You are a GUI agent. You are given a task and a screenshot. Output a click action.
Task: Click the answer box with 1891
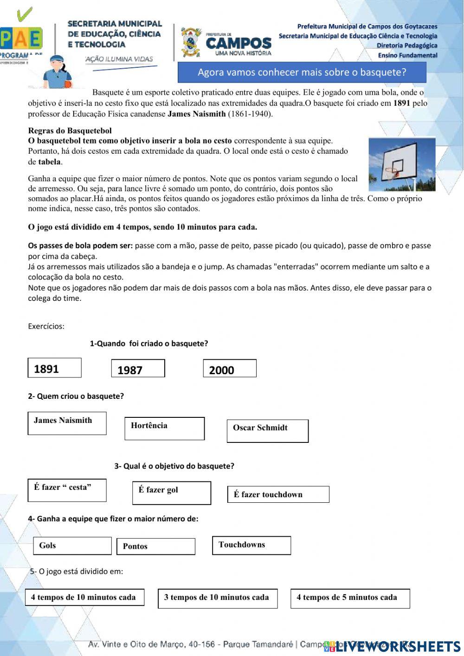point(54,368)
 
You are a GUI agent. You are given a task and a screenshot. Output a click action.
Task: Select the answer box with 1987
point(138,368)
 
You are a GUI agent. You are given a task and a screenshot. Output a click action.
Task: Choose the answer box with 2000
point(230,368)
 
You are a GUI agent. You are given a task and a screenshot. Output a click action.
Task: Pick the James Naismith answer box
point(67,423)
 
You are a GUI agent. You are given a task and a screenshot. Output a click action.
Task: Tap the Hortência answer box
point(164,429)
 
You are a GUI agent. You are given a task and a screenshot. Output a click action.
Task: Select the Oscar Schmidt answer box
point(268,431)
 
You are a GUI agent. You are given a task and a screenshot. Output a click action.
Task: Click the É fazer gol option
point(172,493)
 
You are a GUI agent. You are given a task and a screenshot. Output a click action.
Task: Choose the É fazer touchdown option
point(278,494)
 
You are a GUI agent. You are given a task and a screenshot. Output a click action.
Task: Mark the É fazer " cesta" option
point(67,490)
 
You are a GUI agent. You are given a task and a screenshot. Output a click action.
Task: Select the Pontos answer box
point(155,546)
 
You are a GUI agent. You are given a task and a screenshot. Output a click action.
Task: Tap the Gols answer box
point(72,546)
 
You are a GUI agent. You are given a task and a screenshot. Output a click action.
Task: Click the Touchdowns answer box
point(251,546)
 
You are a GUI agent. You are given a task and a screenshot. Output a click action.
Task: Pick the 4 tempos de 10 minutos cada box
point(84,598)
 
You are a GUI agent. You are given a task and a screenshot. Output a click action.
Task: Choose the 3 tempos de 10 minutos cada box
point(218,598)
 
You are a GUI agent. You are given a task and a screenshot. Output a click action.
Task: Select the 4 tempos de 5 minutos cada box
point(350,598)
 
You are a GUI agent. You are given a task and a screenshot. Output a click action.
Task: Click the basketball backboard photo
point(402,164)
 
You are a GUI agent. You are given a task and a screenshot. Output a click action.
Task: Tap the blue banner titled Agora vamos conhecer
point(302,72)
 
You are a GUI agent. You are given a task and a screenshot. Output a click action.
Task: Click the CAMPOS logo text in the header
point(238,44)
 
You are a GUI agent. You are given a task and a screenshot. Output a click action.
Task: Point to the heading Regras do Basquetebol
point(70,131)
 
